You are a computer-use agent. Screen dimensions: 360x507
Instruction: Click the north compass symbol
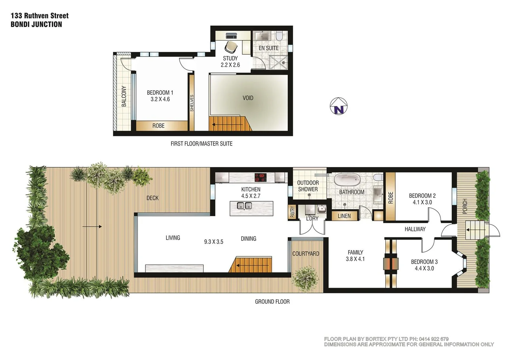(339, 106)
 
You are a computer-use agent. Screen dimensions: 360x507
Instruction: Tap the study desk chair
(230, 47)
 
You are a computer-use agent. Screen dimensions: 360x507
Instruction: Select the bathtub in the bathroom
(347, 180)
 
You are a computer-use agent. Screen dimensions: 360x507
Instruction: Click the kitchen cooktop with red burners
(261, 177)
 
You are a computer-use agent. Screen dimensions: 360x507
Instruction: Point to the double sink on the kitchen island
(244, 206)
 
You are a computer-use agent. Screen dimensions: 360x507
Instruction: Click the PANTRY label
(292, 212)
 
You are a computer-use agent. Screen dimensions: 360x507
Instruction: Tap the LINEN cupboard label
(344, 216)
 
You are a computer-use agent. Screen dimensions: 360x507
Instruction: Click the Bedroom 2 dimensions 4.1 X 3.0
(422, 202)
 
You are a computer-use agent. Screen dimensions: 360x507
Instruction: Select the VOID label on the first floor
(248, 98)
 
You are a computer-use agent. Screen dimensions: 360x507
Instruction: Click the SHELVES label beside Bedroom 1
(192, 103)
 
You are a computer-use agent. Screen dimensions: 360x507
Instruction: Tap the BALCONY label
(124, 96)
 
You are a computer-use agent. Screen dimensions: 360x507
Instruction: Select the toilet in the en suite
(279, 36)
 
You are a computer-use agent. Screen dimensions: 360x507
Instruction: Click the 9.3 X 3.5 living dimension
(214, 242)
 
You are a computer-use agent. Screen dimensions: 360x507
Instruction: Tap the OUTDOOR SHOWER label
(308, 186)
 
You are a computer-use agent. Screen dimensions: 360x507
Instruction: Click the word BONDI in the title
(20, 24)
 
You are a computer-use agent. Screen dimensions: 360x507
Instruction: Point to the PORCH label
(465, 206)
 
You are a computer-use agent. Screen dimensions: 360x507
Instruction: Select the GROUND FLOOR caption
(272, 302)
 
